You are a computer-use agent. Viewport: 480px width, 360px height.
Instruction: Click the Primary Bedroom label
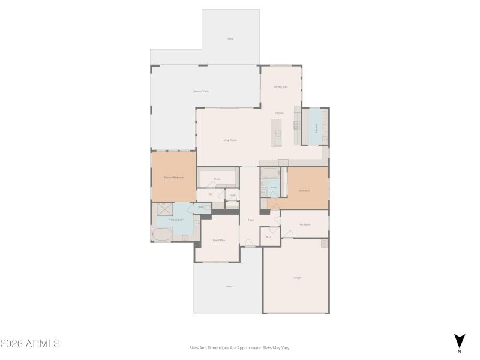pos(173,178)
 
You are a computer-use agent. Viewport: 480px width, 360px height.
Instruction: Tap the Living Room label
pos(229,140)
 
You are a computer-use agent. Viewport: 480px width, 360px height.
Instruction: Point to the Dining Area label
pos(281,87)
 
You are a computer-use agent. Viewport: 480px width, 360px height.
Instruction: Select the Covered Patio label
pos(200,91)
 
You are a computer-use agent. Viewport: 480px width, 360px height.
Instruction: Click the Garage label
pos(296,277)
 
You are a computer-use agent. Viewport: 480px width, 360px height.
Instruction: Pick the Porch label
pos(229,286)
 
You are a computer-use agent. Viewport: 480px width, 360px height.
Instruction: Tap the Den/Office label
pos(218,240)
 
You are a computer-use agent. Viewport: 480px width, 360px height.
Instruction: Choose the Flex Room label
pos(304,224)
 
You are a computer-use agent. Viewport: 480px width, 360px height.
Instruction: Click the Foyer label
pos(251,220)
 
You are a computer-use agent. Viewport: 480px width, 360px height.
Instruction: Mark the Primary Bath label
pos(176,220)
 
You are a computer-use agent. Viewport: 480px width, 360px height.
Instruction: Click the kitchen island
pos(277,133)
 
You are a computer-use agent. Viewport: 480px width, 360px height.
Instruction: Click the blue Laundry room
pos(314,127)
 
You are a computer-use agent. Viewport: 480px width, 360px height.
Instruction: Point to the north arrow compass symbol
pos(459,340)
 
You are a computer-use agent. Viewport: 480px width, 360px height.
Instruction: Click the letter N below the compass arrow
pos(460,352)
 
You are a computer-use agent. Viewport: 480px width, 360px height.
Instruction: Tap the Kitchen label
pos(279,113)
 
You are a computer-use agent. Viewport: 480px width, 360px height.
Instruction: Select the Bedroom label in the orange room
pos(304,191)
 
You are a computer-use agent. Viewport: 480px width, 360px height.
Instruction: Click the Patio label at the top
pos(230,39)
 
